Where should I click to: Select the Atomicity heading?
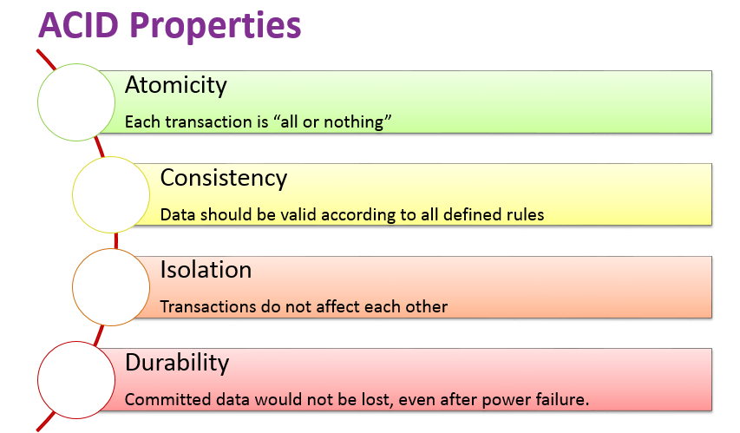point(175,85)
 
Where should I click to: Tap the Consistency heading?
point(223,178)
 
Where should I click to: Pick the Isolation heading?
point(206,270)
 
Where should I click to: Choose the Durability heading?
point(179,362)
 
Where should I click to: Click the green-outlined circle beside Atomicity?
point(77,102)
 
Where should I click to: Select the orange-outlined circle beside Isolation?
point(112,285)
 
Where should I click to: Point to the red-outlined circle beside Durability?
point(77,378)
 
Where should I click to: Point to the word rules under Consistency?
point(525,213)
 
